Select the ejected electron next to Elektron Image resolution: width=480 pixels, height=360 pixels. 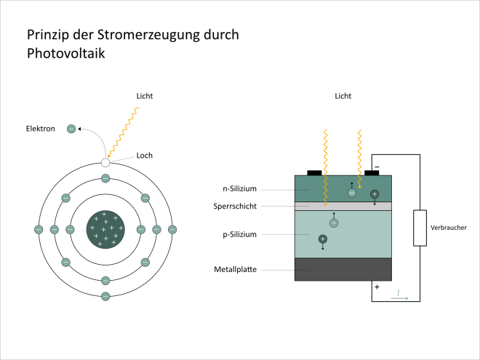tap(71, 129)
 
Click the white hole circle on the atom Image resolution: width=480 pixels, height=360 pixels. tap(105, 162)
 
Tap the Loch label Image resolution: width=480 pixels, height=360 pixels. tap(144, 155)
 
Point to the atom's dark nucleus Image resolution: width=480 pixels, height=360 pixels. tap(105, 229)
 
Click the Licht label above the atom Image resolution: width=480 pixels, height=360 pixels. tap(145, 96)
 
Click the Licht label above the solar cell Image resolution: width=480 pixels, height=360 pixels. tap(343, 96)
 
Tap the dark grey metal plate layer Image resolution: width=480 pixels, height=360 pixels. tap(343, 269)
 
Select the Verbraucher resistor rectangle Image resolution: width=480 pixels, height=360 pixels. tap(420, 228)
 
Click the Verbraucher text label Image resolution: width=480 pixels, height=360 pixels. tap(448, 228)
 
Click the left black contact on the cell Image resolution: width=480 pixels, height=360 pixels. tap(314, 172)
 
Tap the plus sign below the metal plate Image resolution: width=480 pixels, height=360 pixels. tap(377, 287)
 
